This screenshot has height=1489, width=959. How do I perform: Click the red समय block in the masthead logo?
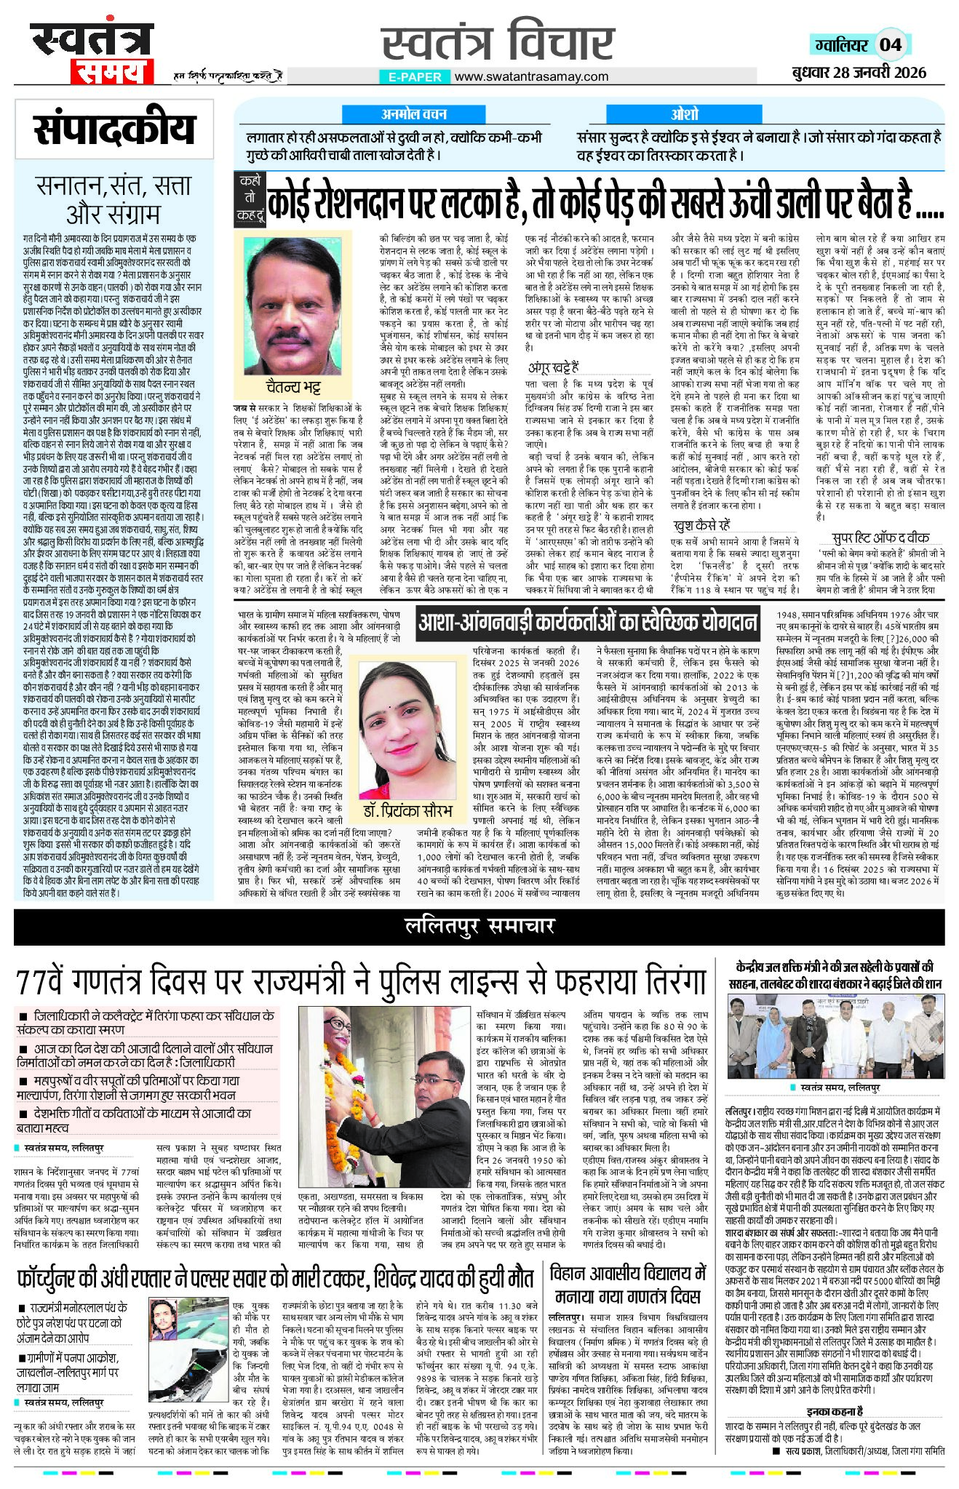(x=111, y=72)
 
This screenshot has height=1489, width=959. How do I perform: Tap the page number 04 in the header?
(x=890, y=45)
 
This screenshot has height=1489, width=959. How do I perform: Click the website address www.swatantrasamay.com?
(x=531, y=76)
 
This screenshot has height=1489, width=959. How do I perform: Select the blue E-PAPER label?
(x=415, y=76)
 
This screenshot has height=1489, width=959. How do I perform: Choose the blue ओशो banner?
(x=684, y=114)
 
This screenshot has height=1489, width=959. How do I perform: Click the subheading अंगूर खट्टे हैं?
(x=554, y=367)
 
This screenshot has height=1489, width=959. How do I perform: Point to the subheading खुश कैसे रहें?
(x=701, y=524)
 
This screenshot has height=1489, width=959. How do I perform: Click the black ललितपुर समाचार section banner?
(x=479, y=925)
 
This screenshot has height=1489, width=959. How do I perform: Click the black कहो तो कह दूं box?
(x=249, y=197)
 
